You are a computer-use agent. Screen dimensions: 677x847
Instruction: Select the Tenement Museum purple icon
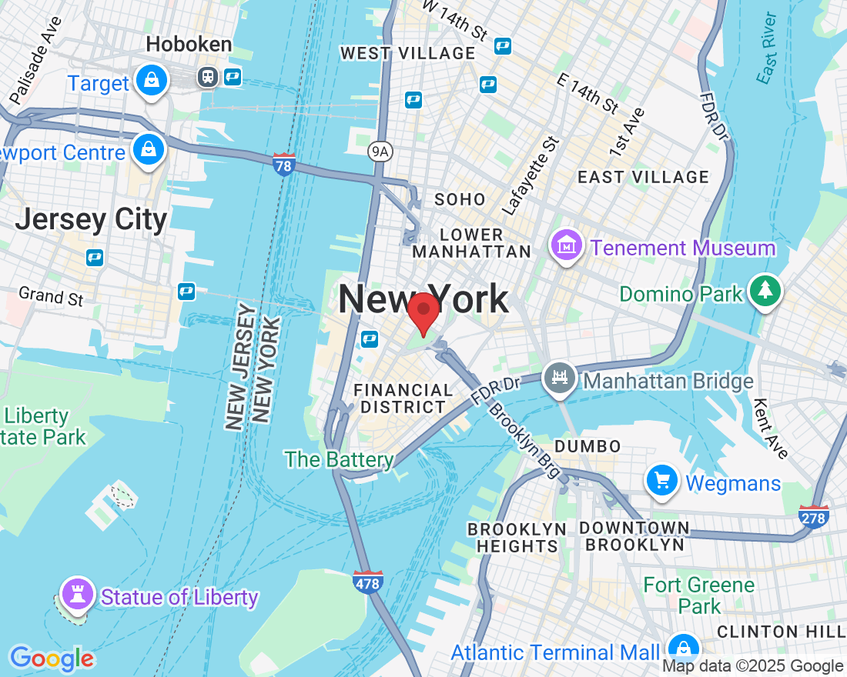click(567, 246)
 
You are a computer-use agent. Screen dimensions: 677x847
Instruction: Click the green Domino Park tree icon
click(765, 291)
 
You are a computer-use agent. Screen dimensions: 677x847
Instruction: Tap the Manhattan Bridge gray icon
click(561, 379)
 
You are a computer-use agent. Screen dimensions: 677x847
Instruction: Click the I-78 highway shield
click(284, 163)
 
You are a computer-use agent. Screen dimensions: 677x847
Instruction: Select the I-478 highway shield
click(368, 583)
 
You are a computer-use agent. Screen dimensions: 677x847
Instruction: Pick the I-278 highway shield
click(813, 516)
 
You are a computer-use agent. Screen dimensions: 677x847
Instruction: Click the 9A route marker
click(380, 152)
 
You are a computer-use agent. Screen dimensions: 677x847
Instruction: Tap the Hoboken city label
click(189, 45)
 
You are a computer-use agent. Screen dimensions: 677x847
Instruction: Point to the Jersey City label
click(91, 219)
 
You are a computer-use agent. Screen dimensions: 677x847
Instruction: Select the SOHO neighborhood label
click(460, 199)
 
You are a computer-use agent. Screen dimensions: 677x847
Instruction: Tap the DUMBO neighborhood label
click(588, 446)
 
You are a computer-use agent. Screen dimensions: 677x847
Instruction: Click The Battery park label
click(339, 459)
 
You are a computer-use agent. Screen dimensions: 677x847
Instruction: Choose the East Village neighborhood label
click(643, 177)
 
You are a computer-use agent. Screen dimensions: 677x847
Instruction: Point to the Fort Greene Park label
click(698, 595)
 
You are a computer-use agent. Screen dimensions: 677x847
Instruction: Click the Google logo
click(52, 658)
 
